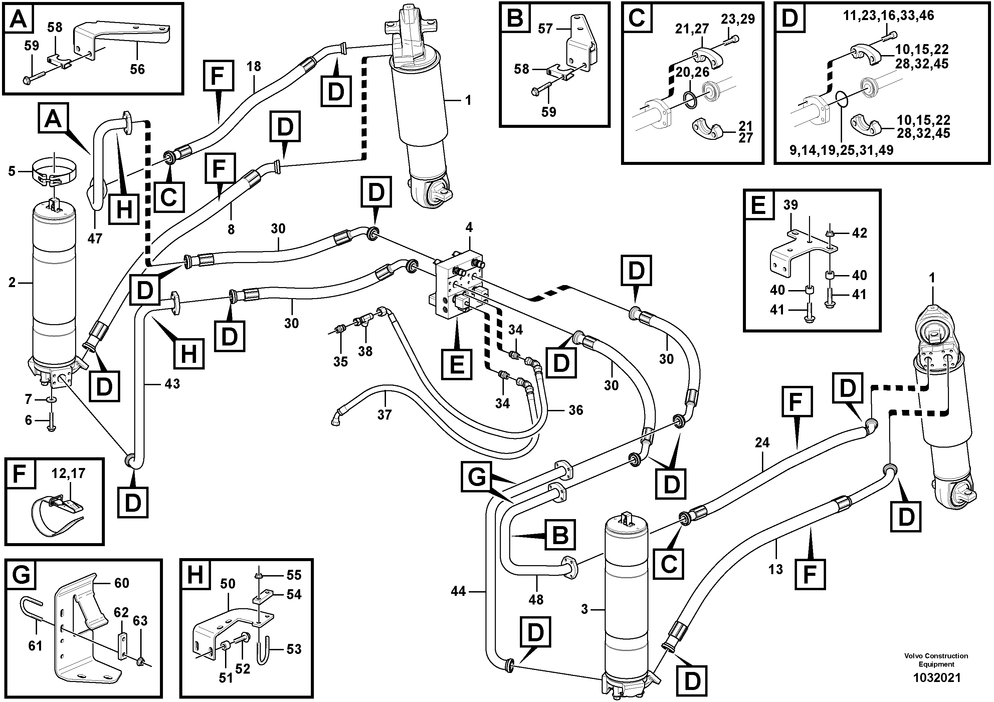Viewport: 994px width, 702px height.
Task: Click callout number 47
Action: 95,238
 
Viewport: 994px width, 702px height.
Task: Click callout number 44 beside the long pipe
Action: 458,591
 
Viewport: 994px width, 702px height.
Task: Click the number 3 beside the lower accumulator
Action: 584,610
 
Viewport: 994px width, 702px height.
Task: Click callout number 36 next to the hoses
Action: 575,410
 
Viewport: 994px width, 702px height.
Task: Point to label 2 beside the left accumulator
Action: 12,283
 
